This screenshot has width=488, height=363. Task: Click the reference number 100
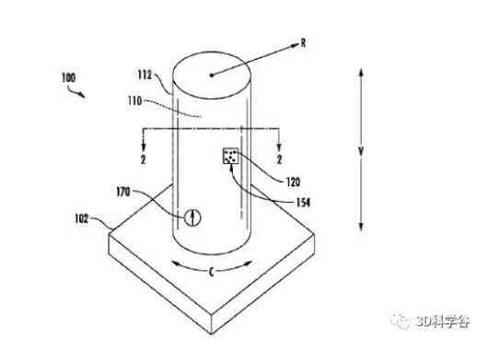coord(68,77)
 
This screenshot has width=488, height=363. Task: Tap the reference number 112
coord(145,75)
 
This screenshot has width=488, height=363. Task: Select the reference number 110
coord(134,100)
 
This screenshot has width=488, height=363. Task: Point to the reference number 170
coord(123,192)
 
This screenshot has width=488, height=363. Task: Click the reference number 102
coord(82,218)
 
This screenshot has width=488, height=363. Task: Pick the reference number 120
coord(293,181)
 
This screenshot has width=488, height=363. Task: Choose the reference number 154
coord(303,203)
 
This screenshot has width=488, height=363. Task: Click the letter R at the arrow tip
coord(303,43)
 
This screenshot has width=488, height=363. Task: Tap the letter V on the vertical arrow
coord(361,152)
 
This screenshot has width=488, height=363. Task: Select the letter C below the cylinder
coord(212,273)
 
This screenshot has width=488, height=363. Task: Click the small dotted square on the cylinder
coord(230,156)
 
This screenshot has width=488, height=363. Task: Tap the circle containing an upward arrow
coord(192,217)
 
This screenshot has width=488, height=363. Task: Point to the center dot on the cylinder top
coord(212,75)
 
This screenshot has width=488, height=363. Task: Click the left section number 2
coord(143,159)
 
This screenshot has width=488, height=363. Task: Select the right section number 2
coord(279,159)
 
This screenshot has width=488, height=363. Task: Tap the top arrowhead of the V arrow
coord(361,73)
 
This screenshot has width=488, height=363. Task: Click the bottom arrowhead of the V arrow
coord(361,227)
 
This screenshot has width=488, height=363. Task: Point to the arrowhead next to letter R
coord(295,46)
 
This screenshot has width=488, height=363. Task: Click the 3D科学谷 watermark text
coord(443,322)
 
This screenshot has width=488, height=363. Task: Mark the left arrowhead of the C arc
coord(177,264)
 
